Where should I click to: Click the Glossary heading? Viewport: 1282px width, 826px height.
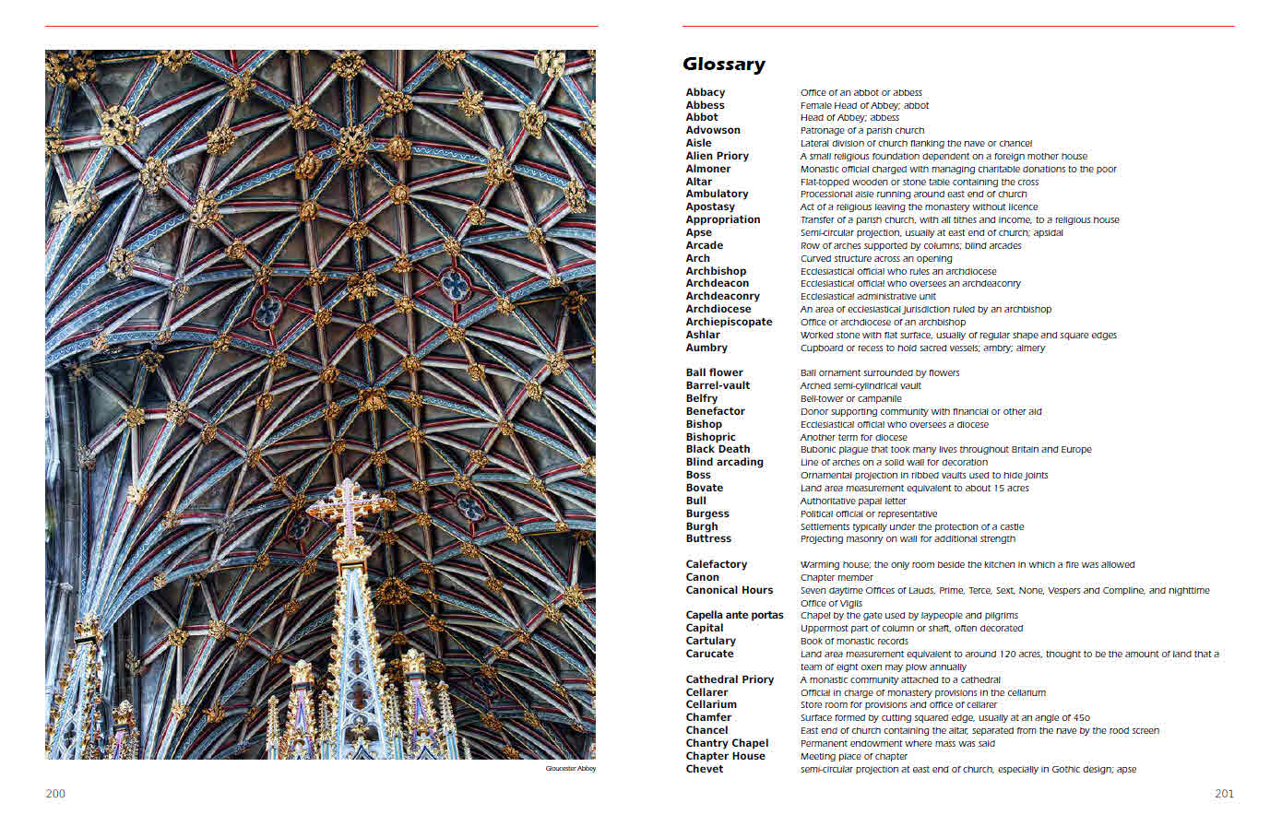723,65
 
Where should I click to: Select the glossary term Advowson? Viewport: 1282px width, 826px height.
713,130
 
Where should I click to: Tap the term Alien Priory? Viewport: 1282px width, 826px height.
717,156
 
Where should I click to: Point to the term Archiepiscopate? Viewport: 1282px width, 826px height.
729,322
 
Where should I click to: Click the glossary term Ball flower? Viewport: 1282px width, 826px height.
714,372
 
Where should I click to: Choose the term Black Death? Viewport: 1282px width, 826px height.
718,449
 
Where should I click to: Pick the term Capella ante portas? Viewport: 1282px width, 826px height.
734,615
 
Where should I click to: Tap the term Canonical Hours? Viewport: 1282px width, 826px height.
729,590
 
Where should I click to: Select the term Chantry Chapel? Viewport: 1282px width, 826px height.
727,743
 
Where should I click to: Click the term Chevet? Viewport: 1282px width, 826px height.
704,769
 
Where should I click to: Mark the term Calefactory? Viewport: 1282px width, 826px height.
716,564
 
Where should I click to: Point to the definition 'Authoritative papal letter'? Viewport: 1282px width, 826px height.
853,501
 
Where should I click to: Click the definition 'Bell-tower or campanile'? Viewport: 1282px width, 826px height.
850,398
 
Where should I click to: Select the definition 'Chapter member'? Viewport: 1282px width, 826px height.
837,577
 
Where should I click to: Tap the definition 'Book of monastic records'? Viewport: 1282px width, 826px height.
854,641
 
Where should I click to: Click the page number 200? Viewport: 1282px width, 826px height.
55,794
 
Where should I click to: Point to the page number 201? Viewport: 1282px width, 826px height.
1224,794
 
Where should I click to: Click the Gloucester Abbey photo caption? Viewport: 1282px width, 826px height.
570,769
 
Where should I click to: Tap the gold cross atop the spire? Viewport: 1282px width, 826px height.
348,507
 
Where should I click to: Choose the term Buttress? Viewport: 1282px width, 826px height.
708,538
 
